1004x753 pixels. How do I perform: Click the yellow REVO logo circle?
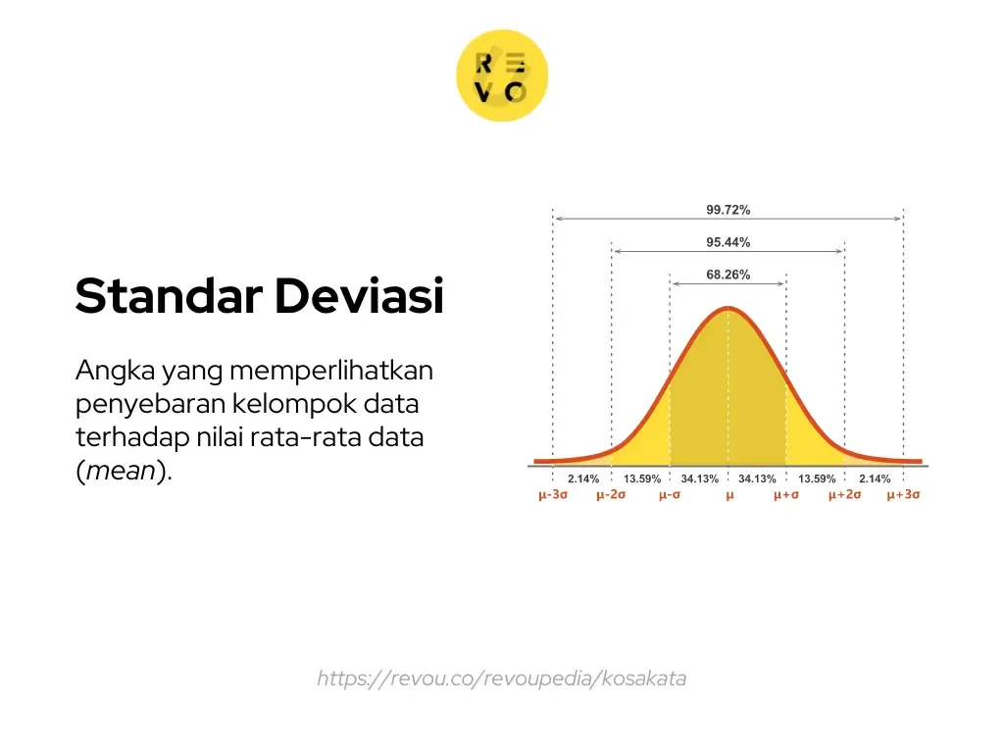pyautogui.click(x=502, y=76)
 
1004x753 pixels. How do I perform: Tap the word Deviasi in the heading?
pyautogui.click(x=359, y=296)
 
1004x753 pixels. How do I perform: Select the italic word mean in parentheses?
pyautogui.click(x=121, y=471)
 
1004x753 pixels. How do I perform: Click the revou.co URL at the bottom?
pyautogui.click(x=501, y=678)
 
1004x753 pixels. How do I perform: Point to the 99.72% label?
pyautogui.click(x=728, y=210)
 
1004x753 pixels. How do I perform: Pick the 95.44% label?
pyautogui.click(x=728, y=242)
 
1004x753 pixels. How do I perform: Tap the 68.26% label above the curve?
pyautogui.click(x=728, y=275)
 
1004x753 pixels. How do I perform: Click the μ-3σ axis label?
pyautogui.click(x=553, y=495)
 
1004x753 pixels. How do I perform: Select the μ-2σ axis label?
pyautogui.click(x=611, y=495)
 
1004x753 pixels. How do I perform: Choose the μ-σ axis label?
pyautogui.click(x=670, y=495)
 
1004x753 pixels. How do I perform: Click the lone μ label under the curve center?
pyautogui.click(x=728, y=495)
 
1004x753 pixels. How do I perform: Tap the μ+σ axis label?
pyautogui.click(x=786, y=495)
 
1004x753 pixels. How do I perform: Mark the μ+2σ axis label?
pyautogui.click(x=844, y=495)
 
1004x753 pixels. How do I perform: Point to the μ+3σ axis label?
pyautogui.click(x=903, y=495)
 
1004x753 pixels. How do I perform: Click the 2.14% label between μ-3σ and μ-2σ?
pyautogui.click(x=583, y=478)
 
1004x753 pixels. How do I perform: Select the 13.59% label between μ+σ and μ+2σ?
pyautogui.click(x=816, y=478)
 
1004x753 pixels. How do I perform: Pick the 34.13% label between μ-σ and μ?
pyautogui.click(x=699, y=478)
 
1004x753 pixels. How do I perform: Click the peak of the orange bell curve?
pyautogui.click(x=728, y=309)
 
